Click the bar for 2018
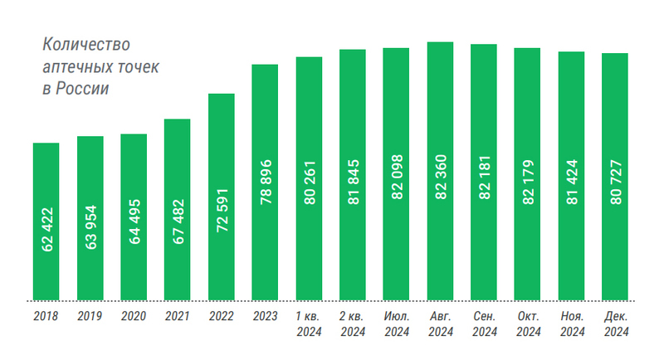pos(46,221)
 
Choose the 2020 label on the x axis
pos(134,317)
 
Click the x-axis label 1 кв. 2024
pos(309,324)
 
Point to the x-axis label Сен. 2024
pos(484,324)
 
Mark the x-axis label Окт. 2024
pos(528,324)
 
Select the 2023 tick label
pos(265,317)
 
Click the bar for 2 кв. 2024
pos(353,175)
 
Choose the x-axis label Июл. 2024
pos(396,324)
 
